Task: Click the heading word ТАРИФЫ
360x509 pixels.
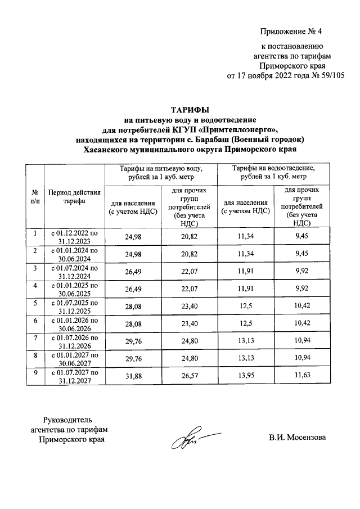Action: click(185, 110)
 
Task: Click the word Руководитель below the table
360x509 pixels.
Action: click(67, 419)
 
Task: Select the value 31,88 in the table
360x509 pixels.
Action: click(133, 376)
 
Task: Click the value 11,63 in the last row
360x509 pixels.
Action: click(306, 376)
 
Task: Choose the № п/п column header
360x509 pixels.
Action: click(35, 197)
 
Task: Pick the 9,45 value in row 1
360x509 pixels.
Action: click(306, 237)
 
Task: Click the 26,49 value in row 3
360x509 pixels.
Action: click(133, 272)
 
